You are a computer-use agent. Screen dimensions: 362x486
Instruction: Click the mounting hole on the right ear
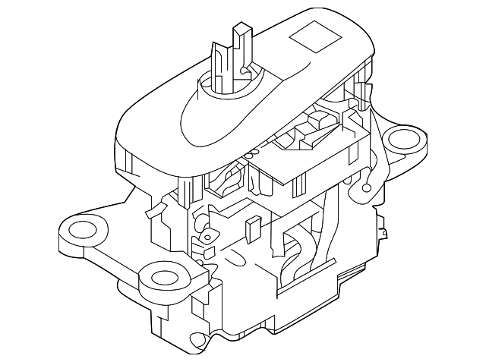[402, 140]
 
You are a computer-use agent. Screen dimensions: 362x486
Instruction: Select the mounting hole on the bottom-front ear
[163, 278]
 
